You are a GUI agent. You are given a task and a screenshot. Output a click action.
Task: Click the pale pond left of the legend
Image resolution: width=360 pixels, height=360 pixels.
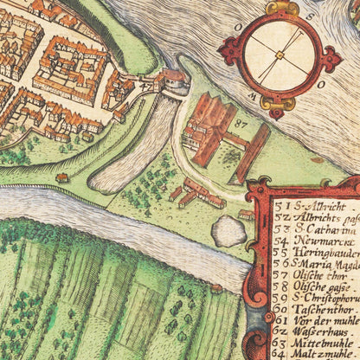click(x=229, y=230)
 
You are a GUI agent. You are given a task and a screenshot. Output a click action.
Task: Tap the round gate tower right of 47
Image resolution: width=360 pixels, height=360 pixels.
click(x=174, y=80)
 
